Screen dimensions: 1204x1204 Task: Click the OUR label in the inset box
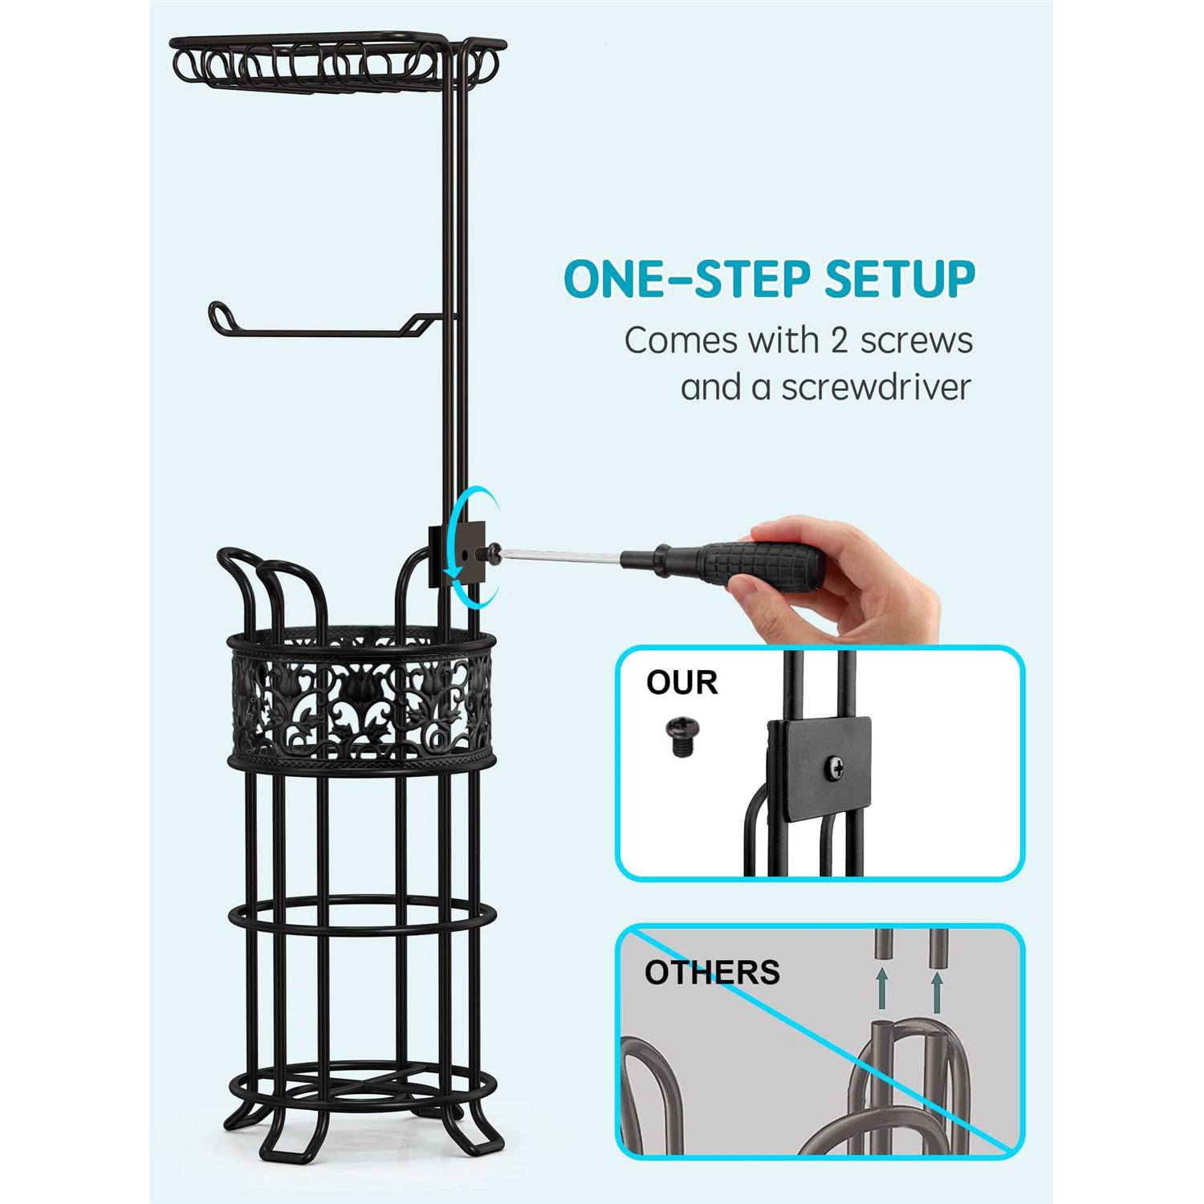682,683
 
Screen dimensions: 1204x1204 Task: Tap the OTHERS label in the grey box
712,972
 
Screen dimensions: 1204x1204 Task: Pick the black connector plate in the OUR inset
819,768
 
